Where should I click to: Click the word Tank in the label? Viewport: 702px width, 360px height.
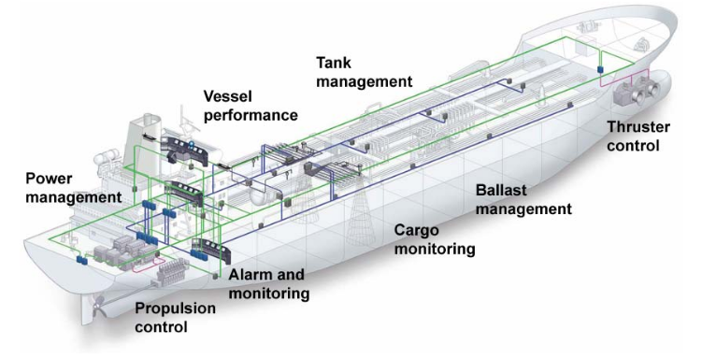334,63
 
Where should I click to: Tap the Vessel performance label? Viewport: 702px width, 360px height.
251,106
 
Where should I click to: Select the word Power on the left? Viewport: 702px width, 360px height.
49,179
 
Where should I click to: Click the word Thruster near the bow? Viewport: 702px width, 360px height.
638,127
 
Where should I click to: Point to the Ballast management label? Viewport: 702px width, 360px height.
523,199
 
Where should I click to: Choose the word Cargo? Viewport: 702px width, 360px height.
416,231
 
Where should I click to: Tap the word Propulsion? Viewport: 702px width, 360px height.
175,308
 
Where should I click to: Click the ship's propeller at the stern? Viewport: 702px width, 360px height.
98,306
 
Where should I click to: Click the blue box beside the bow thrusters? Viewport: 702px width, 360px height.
600,69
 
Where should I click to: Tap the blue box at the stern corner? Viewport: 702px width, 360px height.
81,259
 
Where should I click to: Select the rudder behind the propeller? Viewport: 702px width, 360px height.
88,310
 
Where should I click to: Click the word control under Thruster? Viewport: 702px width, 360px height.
634,146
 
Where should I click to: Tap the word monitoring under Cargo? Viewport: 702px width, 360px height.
435,249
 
